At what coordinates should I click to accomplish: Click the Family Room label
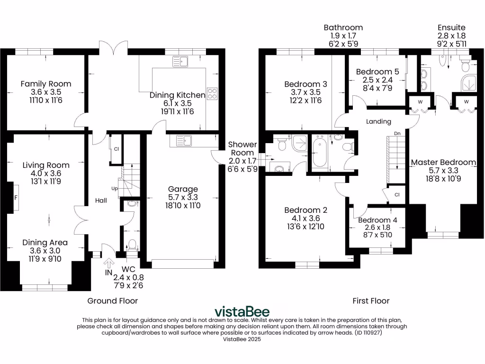point(46,84)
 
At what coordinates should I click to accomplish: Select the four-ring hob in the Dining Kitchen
point(212,94)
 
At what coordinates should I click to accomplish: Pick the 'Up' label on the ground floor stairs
point(114,189)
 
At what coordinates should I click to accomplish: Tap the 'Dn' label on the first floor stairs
point(398,134)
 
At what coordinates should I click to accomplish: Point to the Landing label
point(378,121)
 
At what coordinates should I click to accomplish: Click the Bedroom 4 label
point(377,220)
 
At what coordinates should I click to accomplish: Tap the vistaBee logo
point(242,311)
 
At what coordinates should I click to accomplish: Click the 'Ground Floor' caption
point(113,300)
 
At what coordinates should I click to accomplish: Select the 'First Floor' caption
point(371,300)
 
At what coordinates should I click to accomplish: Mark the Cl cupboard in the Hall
point(116,149)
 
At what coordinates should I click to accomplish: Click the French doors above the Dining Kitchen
point(114,47)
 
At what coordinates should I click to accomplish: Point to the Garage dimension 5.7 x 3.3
point(183,197)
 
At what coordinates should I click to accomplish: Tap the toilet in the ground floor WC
point(132,245)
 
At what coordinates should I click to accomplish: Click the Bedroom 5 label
point(377,72)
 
